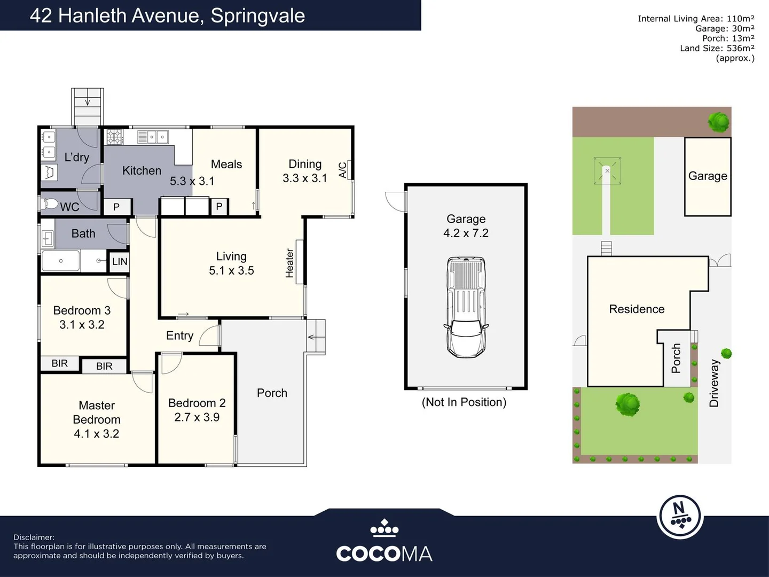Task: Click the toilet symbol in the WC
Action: tap(50, 204)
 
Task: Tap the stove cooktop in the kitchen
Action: tap(114, 137)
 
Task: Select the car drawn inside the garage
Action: tap(466, 307)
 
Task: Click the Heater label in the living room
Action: tap(290, 263)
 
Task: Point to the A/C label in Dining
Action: tap(342, 169)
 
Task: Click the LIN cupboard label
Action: tap(120, 261)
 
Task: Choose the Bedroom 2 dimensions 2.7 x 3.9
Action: tap(197, 417)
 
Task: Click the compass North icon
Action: tap(679, 516)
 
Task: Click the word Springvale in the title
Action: tap(257, 15)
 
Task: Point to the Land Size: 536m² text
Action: tap(717, 48)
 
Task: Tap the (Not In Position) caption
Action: tap(464, 402)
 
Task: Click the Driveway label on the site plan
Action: tap(714, 383)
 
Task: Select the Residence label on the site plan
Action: tap(637, 309)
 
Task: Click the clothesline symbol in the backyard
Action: tap(607, 171)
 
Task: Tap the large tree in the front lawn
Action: tap(627, 404)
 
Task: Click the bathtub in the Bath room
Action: tap(61, 261)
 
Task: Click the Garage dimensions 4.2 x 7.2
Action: tap(466, 233)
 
